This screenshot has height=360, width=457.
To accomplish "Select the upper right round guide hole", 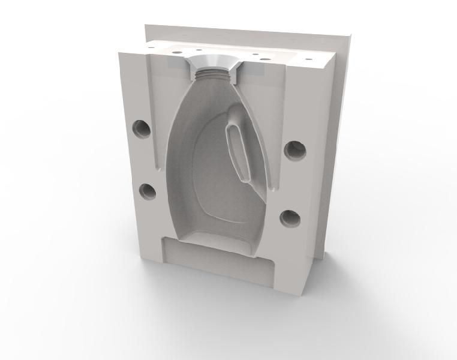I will point(295,150).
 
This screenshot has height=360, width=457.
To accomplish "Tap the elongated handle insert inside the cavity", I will point(238,150).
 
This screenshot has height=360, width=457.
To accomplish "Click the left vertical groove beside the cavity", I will point(155,114).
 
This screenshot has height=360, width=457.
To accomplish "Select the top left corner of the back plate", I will point(146,26).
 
